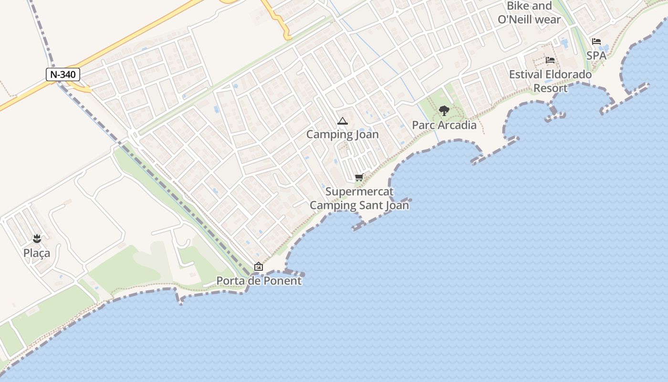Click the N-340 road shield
point(63,74)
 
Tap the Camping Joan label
point(342,134)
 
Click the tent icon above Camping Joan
point(342,121)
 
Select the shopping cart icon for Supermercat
point(359,178)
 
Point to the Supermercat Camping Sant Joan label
point(359,198)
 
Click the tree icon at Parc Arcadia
point(444,111)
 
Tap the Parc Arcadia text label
point(444,125)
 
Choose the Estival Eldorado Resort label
point(550,81)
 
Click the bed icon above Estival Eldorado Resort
point(550,60)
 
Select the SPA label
point(596,55)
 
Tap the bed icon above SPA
point(596,42)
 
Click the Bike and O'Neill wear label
point(529,13)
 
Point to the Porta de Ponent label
point(259,281)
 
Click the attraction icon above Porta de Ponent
point(259,266)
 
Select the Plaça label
point(37,253)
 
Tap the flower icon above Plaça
point(37,238)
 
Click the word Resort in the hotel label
point(550,88)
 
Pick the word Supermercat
point(359,191)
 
